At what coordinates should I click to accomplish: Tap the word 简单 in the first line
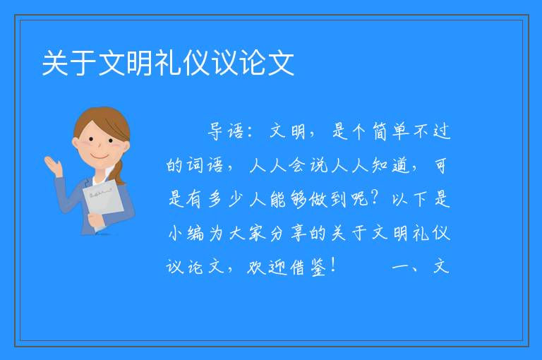[x=390, y=131]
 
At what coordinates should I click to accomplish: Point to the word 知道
[x=391, y=165]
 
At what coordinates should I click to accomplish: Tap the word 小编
[x=186, y=233]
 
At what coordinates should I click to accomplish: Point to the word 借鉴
[x=308, y=267]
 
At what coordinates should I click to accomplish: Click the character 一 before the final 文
[x=401, y=267]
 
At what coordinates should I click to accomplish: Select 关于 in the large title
[x=68, y=63]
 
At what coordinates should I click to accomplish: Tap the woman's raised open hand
[x=53, y=166]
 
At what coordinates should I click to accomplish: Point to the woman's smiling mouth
[x=100, y=157]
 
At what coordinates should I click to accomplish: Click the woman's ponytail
[x=119, y=172]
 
